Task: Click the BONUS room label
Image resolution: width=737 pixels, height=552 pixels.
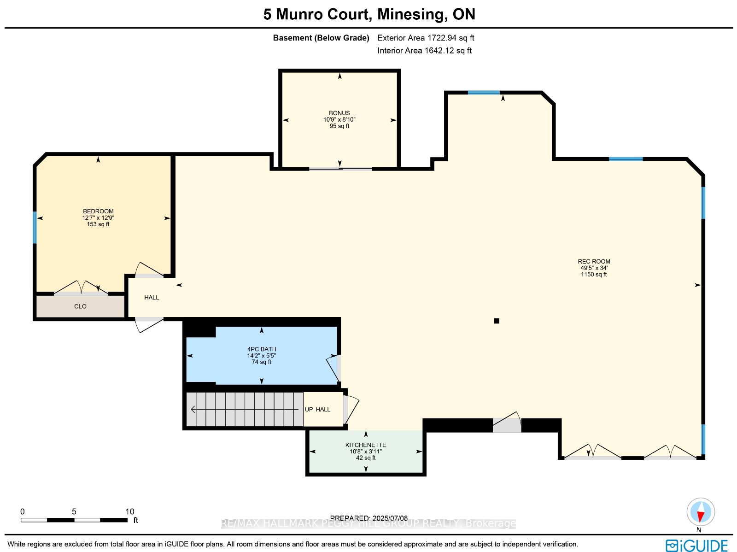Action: coord(339,113)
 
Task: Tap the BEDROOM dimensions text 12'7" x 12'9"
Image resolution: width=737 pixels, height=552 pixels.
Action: coord(98,218)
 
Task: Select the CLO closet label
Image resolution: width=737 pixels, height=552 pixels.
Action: coord(80,306)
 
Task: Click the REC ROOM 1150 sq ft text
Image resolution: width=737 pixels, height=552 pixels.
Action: coord(593,275)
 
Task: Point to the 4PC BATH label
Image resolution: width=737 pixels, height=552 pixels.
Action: coord(262,349)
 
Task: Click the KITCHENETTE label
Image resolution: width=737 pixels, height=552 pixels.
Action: coord(366,445)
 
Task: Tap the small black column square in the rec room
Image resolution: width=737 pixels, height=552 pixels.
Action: coord(497,321)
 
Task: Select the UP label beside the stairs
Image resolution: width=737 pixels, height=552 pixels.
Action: coord(309,410)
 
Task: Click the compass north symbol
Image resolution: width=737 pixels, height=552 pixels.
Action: coord(701,512)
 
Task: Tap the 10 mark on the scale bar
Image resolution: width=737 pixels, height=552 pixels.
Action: coord(130,511)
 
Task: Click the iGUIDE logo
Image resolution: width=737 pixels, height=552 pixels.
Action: coord(696,546)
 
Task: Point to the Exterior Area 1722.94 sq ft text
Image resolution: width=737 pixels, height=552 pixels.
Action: coord(426,38)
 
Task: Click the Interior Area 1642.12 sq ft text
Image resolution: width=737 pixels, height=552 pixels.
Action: coord(424,51)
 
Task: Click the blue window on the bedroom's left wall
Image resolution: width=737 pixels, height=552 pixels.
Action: coord(35,227)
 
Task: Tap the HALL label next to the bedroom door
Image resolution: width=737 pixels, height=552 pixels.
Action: coord(152,298)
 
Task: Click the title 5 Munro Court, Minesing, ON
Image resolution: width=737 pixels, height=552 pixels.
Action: coord(369,14)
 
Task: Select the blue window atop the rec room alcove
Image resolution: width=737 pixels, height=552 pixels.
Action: coord(484,93)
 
